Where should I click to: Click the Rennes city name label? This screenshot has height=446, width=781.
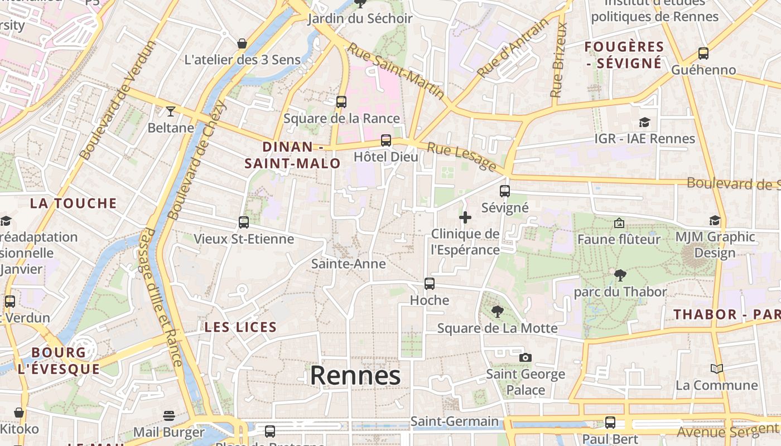355,375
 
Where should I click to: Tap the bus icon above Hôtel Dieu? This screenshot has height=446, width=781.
385,140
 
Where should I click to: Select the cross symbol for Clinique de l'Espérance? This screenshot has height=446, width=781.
465,217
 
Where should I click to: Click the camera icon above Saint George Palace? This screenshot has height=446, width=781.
525,357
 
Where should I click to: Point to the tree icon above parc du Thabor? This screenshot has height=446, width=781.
620,275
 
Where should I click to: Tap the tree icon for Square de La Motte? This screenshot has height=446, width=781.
497,312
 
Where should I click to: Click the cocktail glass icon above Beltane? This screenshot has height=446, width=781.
171,111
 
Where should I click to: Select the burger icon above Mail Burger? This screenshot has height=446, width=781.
169,416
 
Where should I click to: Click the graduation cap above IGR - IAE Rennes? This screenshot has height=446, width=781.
644,122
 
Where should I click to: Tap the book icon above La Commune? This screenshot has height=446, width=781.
716,369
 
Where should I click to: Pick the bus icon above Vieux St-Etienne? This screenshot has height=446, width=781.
243,222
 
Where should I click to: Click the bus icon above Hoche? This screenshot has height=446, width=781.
429,284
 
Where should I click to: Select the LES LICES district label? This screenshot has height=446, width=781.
240,327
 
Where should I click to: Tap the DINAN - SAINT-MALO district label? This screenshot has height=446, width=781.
293,155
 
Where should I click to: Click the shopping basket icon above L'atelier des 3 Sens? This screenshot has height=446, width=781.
242,43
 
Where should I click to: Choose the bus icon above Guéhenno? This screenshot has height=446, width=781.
703,54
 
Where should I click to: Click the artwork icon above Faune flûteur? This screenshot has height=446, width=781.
619,223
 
